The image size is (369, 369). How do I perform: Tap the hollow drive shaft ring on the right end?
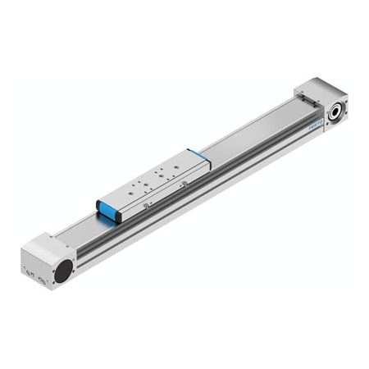pos(336,111)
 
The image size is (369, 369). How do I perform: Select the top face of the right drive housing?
pos(316,88)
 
